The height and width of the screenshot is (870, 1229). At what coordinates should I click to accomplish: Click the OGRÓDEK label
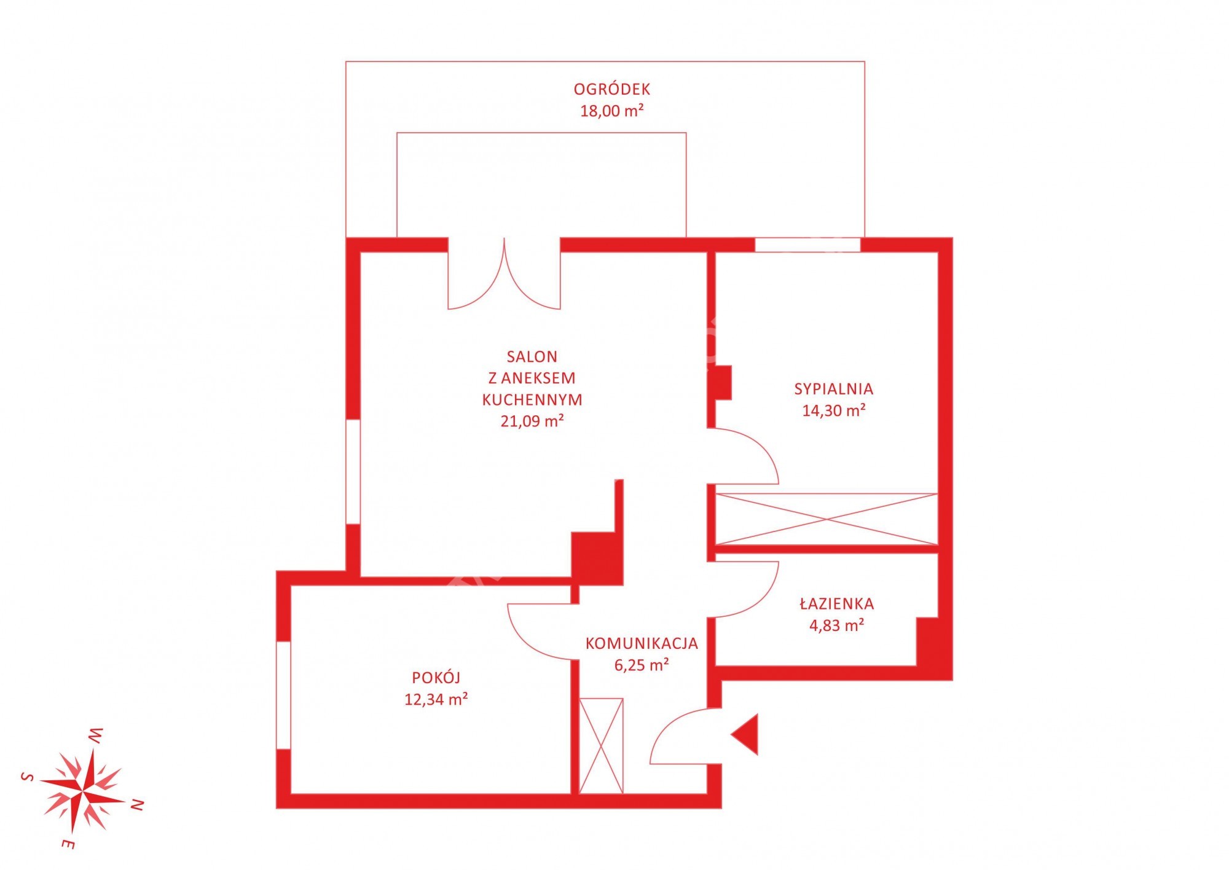pyautogui.click(x=611, y=89)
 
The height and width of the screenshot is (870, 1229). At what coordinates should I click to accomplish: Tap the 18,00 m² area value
pyautogui.click(x=612, y=111)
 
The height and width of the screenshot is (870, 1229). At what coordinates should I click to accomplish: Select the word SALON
pyautogui.click(x=532, y=357)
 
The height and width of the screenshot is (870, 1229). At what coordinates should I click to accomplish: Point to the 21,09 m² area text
pyautogui.click(x=532, y=421)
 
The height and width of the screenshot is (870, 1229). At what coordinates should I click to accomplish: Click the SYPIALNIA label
pyautogui.click(x=834, y=389)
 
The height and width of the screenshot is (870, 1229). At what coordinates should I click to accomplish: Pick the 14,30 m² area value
pyautogui.click(x=834, y=410)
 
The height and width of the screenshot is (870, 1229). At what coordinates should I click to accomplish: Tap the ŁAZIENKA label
pyautogui.click(x=837, y=603)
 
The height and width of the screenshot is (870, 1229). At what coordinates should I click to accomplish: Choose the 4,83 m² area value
pyautogui.click(x=837, y=625)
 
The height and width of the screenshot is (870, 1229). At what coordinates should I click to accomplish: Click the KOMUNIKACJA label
pyautogui.click(x=642, y=644)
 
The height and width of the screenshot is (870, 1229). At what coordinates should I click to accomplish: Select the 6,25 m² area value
pyautogui.click(x=642, y=665)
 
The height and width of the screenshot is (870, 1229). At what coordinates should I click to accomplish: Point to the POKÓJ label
pyautogui.click(x=436, y=677)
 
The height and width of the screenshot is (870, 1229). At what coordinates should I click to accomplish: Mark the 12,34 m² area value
pyautogui.click(x=436, y=699)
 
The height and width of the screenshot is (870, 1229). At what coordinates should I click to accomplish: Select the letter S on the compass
pyautogui.click(x=27, y=777)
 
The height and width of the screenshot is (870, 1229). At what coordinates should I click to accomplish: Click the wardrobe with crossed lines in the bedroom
pyautogui.click(x=827, y=519)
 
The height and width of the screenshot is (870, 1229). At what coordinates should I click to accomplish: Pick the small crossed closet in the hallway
pyautogui.click(x=601, y=746)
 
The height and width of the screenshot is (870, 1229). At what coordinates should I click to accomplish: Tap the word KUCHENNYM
pyautogui.click(x=532, y=400)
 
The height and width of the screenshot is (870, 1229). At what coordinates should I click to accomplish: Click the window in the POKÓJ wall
pyautogui.click(x=283, y=696)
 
